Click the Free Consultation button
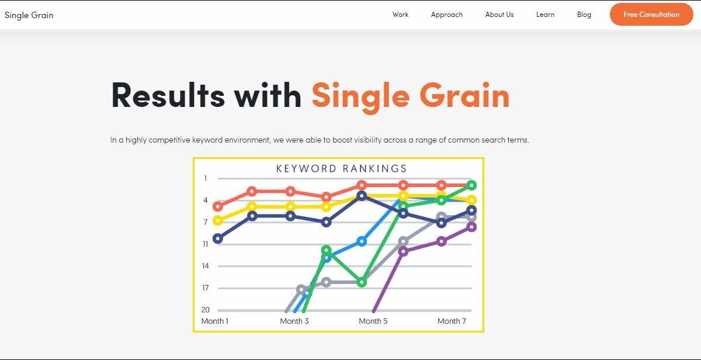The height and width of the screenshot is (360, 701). [651, 15]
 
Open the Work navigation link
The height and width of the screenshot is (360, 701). [400, 15]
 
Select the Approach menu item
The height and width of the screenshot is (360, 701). [446, 15]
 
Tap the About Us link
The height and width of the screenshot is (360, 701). [499, 15]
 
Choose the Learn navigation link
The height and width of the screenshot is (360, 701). [545, 15]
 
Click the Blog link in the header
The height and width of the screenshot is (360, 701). [584, 15]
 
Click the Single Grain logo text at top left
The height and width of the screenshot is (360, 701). [29, 15]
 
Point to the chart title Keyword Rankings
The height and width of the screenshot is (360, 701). [341, 169]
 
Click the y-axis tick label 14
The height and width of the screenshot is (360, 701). [205, 266]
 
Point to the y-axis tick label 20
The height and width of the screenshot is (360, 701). [205, 310]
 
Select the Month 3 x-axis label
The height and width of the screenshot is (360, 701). [294, 321]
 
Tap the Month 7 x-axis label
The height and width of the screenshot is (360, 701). [452, 321]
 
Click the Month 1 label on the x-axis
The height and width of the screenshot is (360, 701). [215, 321]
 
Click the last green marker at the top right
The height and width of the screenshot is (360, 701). [471, 185]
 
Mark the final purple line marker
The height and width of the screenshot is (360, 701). [471, 227]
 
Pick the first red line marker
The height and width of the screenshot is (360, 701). [218, 207]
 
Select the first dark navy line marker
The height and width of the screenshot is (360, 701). [218, 239]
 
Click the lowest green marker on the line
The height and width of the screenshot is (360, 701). [362, 282]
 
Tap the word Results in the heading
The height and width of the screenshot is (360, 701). [168, 95]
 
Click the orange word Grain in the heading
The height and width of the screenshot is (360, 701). [464, 95]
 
